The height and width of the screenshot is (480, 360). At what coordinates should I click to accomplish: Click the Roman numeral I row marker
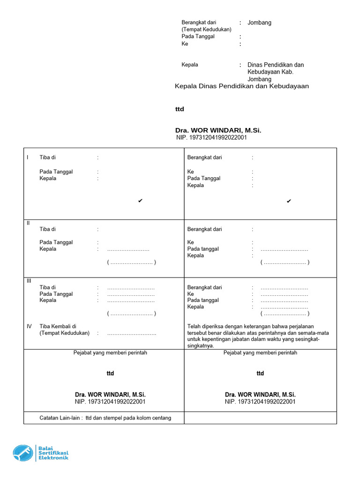[28, 157]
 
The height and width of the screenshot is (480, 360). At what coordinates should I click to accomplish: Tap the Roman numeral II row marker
[28, 223]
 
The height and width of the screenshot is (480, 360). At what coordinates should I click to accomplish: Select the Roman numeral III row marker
[29, 280]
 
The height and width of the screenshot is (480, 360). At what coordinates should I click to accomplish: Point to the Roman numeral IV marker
[29, 326]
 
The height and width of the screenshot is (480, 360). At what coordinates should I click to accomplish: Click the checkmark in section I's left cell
[140, 201]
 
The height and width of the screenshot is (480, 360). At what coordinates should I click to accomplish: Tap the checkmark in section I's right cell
[289, 201]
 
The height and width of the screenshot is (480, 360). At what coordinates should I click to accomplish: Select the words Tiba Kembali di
[58, 326]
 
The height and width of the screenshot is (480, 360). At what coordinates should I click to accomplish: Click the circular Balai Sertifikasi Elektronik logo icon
[23, 453]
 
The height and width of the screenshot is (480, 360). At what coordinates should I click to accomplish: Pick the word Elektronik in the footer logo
[54, 458]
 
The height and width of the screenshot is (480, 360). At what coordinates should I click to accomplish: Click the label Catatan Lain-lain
[60, 418]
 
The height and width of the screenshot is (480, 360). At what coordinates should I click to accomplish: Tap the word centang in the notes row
[162, 418]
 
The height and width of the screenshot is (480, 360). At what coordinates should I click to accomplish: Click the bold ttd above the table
[180, 109]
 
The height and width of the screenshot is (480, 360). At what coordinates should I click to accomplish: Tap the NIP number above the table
[211, 138]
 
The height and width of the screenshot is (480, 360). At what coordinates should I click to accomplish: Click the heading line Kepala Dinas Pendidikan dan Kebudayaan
[242, 86]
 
